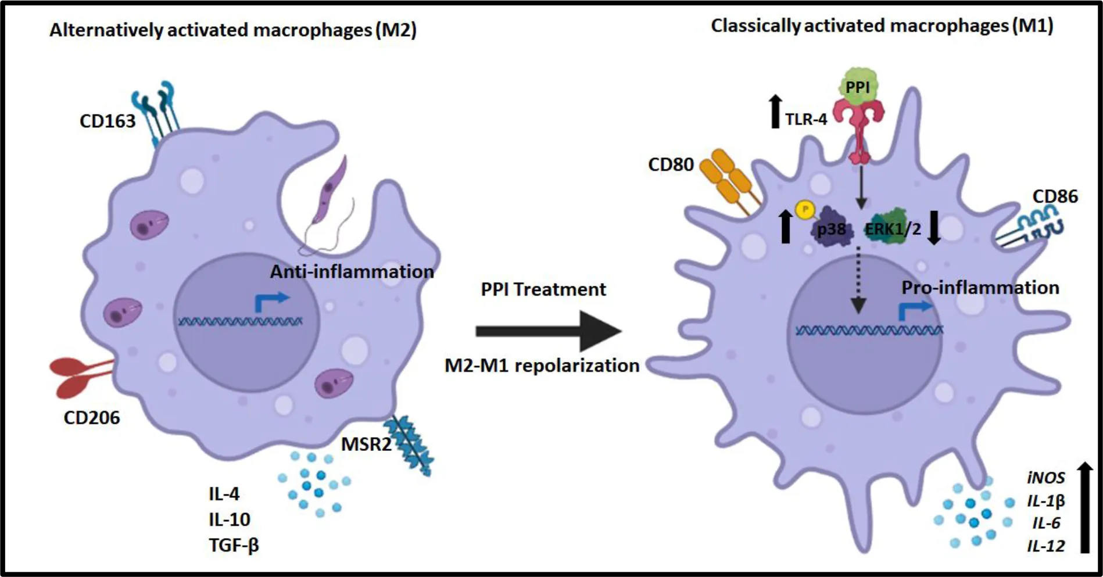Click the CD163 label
[108, 121]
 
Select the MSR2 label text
[366, 445]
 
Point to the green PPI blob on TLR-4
[858, 88]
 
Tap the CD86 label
[1055, 196]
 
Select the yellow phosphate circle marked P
[805, 209]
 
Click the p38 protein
[832, 229]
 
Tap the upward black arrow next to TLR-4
[775, 112]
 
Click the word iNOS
[1045, 478]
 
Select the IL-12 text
[1045, 546]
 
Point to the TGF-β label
[234, 545]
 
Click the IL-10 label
[230, 519]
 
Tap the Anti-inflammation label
[352, 271]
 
